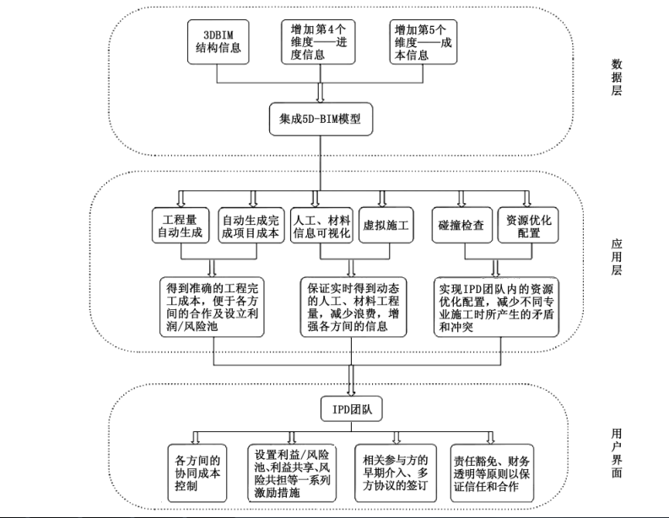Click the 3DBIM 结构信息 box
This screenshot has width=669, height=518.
pos(219,41)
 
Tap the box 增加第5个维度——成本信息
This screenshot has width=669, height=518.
pos(421,41)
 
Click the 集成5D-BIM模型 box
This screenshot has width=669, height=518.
pos(321,120)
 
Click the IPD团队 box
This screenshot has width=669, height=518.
pos(352,410)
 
